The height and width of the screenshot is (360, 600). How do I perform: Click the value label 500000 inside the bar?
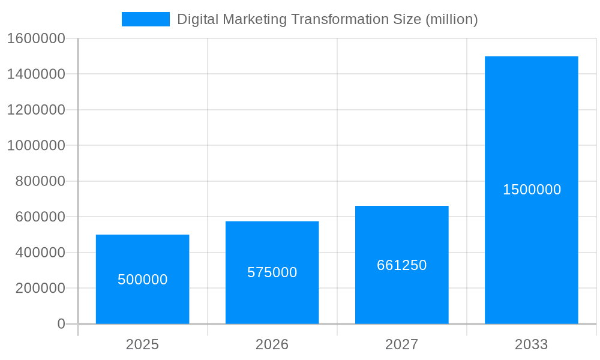[x=142, y=280]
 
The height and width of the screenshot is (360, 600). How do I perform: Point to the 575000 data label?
[x=272, y=272]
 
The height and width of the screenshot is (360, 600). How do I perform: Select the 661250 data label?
[x=401, y=265]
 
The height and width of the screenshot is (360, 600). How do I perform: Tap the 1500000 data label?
[x=532, y=190]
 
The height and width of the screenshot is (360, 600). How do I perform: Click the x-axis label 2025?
[x=142, y=344]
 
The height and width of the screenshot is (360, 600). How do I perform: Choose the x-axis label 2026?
[x=272, y=344]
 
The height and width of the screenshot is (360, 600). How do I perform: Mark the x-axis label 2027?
[x=401, y=344]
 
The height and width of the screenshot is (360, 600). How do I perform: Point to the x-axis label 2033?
[x=531, y=344]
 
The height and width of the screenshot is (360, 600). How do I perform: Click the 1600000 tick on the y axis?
[x=35, y=38]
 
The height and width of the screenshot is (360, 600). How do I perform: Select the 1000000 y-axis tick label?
[x=35, y=145]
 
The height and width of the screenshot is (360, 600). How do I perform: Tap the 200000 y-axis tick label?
[x=39, y=288]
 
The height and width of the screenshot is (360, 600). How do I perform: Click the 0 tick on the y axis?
[x=61, y=324]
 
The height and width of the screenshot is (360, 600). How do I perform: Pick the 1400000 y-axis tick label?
[x=35, y=74]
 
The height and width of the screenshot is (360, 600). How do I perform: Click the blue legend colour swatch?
[x=145, y=19]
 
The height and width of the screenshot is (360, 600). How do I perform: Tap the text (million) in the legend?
[x=451, y=19]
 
